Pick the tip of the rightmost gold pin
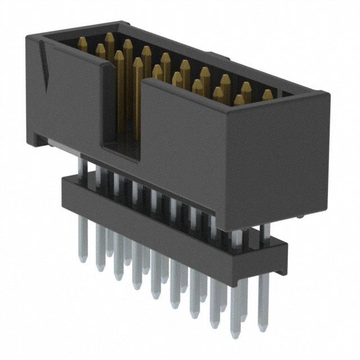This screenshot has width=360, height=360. pyautogui.click(x=267, y=93)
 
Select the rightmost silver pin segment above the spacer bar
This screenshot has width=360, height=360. pyautogui.click(x=264, y=231)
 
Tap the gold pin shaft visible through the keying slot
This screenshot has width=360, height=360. pyautogui.click(x=120, y=101)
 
